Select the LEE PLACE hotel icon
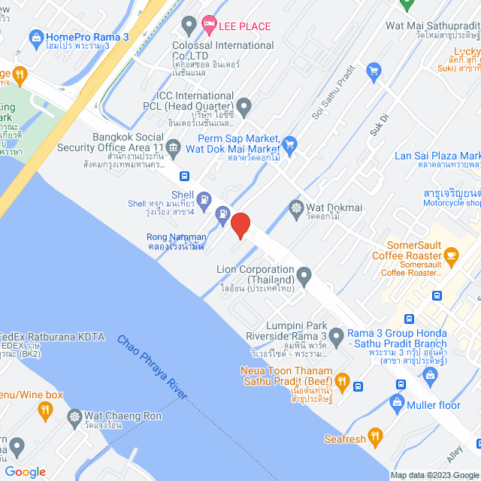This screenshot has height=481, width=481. point(209,26)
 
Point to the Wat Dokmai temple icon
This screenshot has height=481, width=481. point(296,207)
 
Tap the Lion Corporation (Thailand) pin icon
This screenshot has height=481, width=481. point(304,277)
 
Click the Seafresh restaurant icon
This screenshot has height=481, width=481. point(376,437)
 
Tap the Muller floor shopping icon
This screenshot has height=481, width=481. point(397,404)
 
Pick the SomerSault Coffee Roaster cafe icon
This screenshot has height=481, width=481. point(451,259)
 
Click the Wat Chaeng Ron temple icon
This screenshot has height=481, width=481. point(74,416)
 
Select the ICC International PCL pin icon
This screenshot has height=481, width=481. point(243,106)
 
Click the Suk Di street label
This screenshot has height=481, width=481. point(378,124)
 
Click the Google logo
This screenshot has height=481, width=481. point(25,471)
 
